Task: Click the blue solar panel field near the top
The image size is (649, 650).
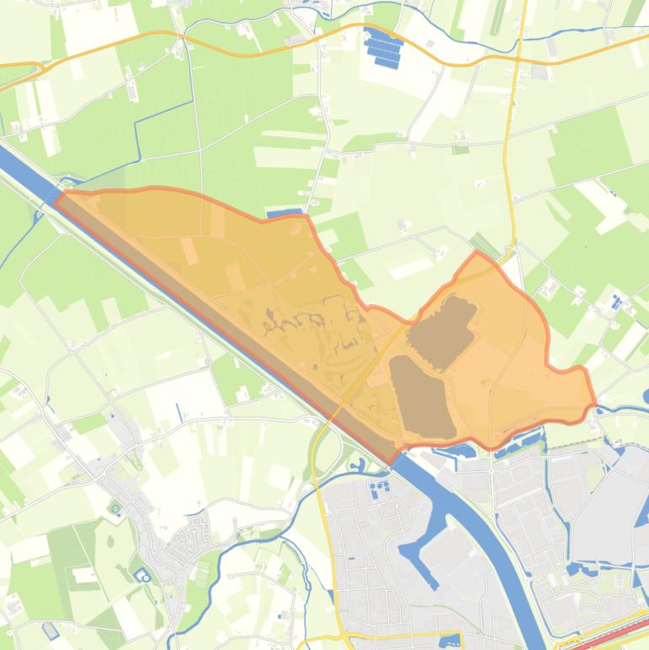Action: coord(384,47)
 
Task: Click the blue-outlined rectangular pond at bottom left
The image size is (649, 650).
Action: coord(51,630)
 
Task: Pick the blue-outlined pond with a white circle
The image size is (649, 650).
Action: coord(142,577)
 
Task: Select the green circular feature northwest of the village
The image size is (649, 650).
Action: coord(115,508)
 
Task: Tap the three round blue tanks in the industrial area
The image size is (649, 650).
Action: coord(380,488)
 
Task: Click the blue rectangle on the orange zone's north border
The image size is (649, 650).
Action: coord(284,214)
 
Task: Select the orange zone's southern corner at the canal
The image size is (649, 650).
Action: coord(392,460)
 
